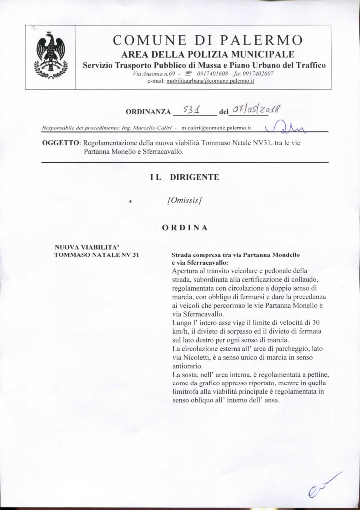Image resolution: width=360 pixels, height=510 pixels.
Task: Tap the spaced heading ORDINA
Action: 185,227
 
